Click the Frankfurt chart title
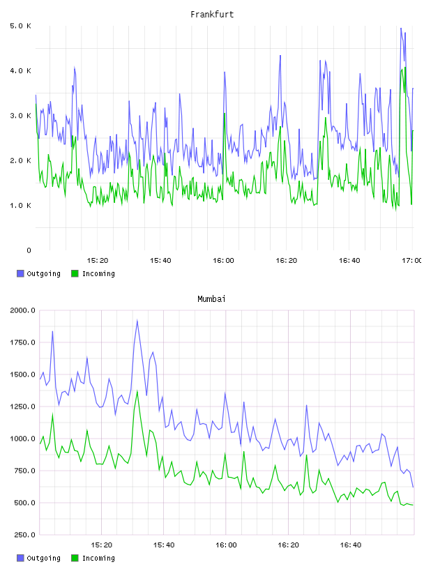(212, 15)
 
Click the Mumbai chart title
(211, 299)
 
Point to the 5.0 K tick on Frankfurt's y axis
(21, 26)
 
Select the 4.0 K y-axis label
(21, 70)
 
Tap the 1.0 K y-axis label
(21, 206)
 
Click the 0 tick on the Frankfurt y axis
(29, 250)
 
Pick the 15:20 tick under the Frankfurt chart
(98, 261)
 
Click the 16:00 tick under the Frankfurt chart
(224, 261)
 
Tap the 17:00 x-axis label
(411, 261)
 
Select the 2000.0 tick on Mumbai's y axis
(23, 310)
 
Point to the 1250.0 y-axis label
(23, 407)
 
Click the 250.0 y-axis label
(25, 535)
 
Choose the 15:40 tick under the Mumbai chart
(164, 545)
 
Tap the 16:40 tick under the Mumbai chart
(351, 545)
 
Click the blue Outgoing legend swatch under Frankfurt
(20, 273)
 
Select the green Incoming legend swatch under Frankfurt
(75, 273)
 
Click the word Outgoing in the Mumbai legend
(44, 559)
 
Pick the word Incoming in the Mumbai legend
(99, 558)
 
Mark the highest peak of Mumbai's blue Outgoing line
(137, 321)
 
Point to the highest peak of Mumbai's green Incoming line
(137, 390)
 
